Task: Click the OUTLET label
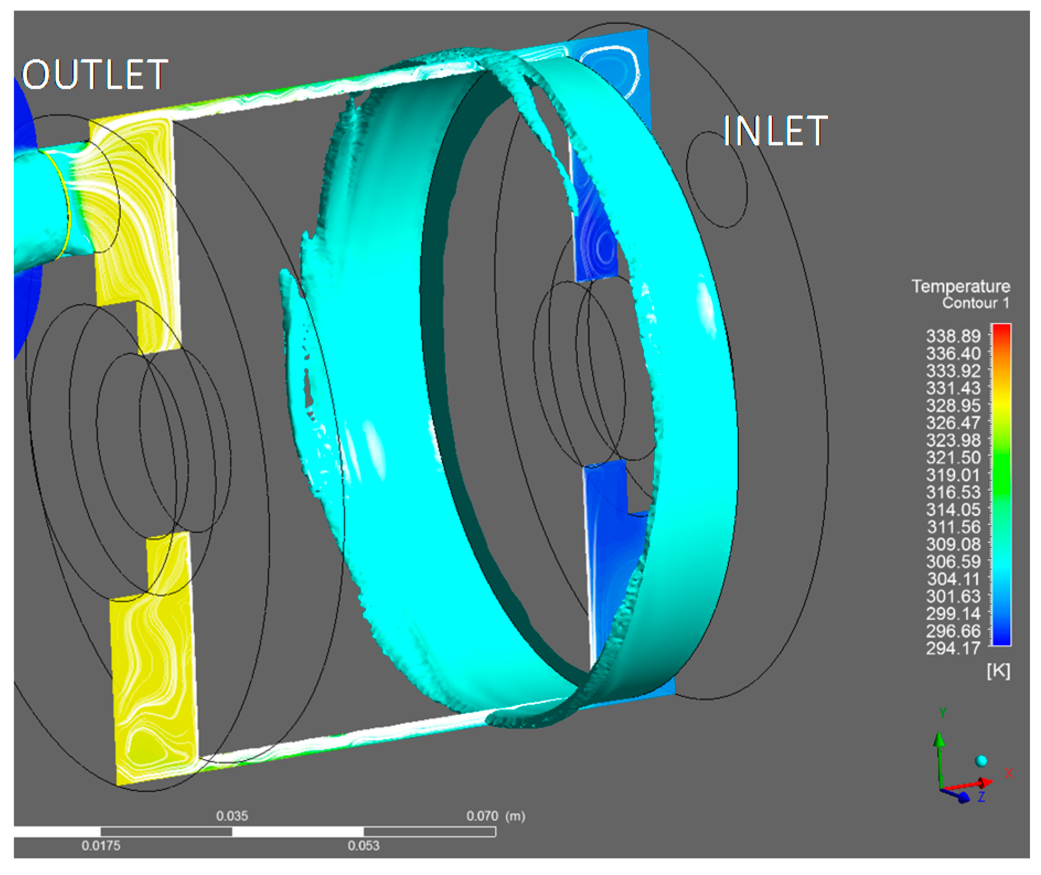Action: (95, 75)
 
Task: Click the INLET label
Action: (775, 131)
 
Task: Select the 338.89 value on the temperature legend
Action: (953, 336)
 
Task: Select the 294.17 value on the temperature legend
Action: (953, 648)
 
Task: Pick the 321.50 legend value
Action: (953, 457)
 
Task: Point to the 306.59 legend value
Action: (953, 562)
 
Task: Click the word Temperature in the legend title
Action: (960, 286)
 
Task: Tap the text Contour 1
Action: (975, 303)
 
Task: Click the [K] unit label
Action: (998, 671)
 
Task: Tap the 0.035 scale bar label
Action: (232, 816)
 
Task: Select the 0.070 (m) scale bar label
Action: (495, 816)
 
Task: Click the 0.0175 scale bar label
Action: (101, 845)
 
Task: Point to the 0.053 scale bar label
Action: (363, 845)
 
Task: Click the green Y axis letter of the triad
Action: (942, 713)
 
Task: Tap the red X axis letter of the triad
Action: (1008, 773)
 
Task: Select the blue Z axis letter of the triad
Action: (981, 797)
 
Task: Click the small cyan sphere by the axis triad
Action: (981, 761)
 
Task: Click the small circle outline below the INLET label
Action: (717, 179)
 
